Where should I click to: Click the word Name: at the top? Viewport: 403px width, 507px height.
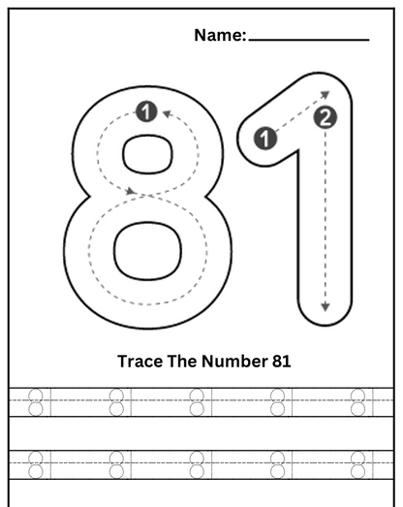pos(220,36)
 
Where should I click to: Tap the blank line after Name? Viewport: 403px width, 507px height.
pos(308,39)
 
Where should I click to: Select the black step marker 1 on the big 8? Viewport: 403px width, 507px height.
pos(145,111)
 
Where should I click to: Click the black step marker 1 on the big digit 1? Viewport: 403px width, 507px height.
pos(265,138)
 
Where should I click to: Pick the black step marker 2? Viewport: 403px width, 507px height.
pos(325,118)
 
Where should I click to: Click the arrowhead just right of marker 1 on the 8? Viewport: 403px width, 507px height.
pos(166,113)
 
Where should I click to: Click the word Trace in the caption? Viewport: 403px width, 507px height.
pos(139,362)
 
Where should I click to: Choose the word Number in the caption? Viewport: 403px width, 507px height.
pos(232,362)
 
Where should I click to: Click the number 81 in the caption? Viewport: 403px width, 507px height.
pos(279,362)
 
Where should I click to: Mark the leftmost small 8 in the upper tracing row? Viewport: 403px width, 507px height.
pos(36,401)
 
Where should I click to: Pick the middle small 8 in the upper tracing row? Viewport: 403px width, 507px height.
pos(197,401)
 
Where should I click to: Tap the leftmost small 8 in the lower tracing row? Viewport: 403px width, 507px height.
pos(36,463)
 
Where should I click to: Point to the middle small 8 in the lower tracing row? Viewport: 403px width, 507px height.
pos(197,463)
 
